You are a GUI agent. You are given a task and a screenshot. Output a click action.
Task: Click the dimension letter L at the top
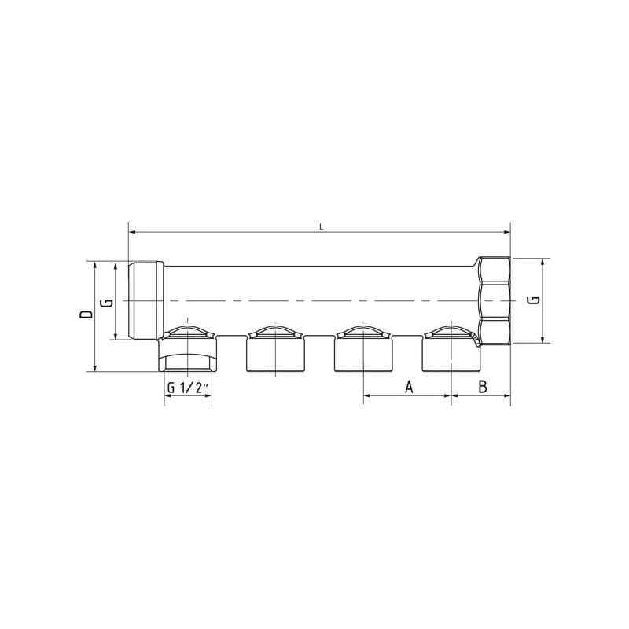tap(321, 227)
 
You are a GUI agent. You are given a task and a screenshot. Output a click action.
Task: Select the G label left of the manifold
tap(108, 303)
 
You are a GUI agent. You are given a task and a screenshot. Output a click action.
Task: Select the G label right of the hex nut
tap(535, 300)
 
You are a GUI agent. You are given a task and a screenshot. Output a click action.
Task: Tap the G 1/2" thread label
tap(188, 388)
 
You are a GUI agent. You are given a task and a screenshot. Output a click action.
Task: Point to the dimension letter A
tap(408, 387)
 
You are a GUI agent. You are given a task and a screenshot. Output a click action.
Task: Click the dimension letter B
tap(483, 387)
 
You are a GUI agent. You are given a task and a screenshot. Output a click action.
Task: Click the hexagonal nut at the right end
tap(495, 300)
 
